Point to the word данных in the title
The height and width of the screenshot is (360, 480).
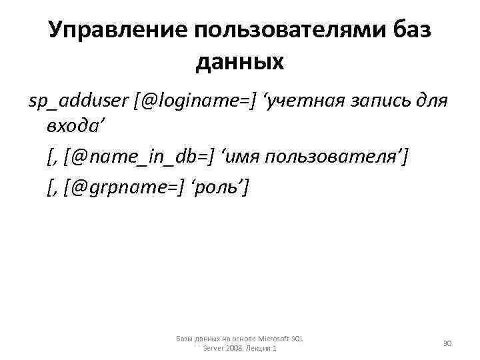(x=240, y=62)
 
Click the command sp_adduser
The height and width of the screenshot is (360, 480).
(x=79, y=101)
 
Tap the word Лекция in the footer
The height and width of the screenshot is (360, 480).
(x=258, y=348)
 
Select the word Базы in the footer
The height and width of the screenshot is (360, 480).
(x=185, y=339)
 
